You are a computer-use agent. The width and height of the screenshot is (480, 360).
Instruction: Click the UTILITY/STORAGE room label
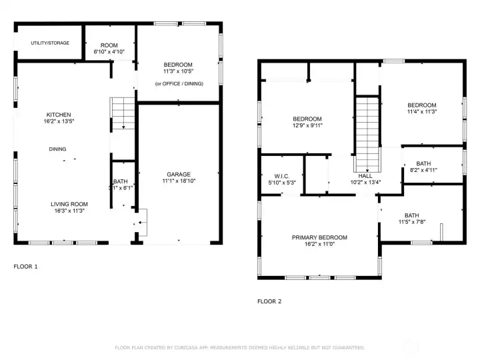(x=49, y=43)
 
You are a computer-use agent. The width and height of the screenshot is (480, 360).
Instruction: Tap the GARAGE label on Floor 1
(x=179, y=174)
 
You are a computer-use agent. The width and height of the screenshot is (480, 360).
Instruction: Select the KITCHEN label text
(x=59, y=115)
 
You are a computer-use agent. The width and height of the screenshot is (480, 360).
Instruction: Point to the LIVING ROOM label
(x=69, y=204)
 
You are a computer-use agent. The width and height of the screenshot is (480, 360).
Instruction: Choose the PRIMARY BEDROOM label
(x=319, y=237)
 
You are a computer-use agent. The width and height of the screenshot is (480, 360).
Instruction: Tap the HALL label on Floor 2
(x=365, y=175)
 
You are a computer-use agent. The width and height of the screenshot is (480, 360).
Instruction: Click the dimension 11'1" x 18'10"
(x=179, y=181)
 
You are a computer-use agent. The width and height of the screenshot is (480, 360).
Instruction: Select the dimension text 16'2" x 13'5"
(x=59, y=122)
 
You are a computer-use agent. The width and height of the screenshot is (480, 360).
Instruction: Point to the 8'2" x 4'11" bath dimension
(x=423, y=171)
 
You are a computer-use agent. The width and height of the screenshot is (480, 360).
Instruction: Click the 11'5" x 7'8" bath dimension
(x=412, y=223)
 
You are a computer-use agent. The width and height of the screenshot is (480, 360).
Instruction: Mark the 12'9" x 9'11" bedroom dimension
(x=307, y=125)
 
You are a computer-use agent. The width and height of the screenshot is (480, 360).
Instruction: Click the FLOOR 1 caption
(x=26, y=266)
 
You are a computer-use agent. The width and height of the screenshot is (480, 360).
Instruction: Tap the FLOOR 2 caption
(x=269, y=301)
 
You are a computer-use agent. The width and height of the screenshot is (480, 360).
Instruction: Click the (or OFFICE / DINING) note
(x=179, y=83)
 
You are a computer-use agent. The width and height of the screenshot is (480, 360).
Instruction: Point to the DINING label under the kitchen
(x=57, y=149)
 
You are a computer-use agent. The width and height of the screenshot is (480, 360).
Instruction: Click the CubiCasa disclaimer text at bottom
(x=239, y=347)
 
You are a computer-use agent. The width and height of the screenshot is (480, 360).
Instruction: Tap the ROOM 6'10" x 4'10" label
(x=109, y=48)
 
